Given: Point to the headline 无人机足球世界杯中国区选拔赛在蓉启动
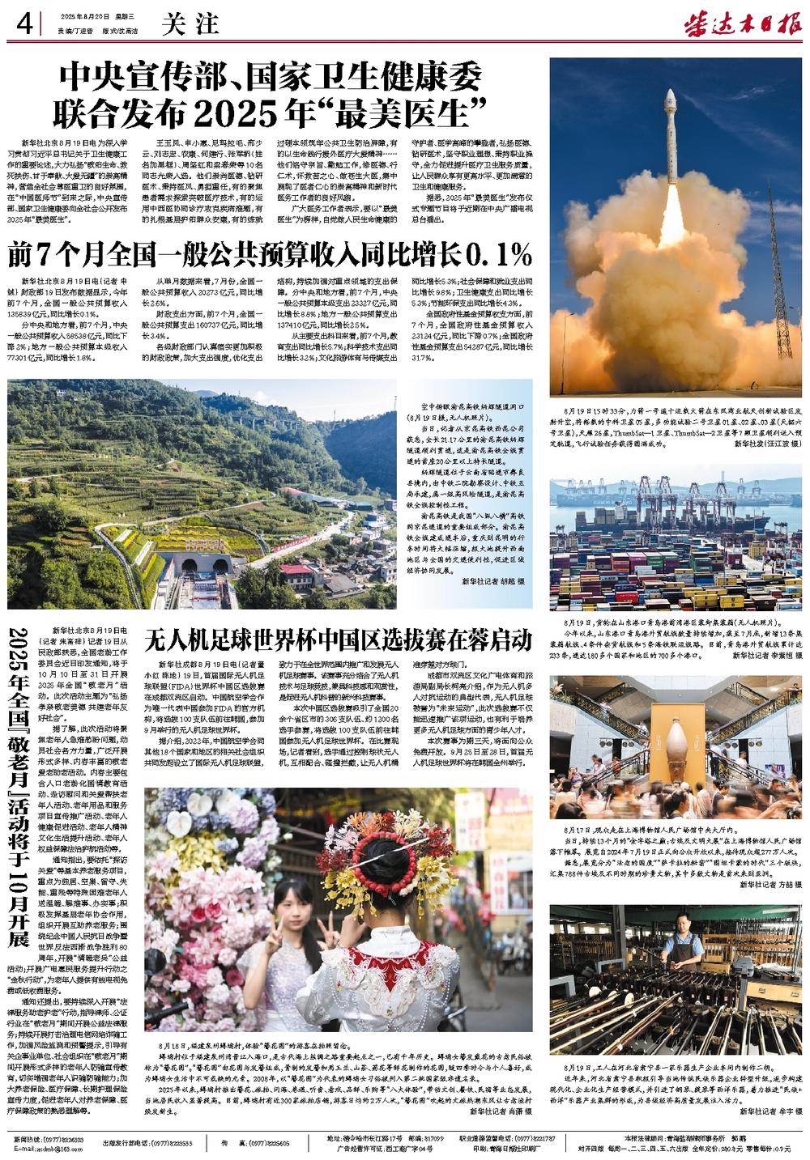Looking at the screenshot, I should pyautogui.click(x=338, y=640).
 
